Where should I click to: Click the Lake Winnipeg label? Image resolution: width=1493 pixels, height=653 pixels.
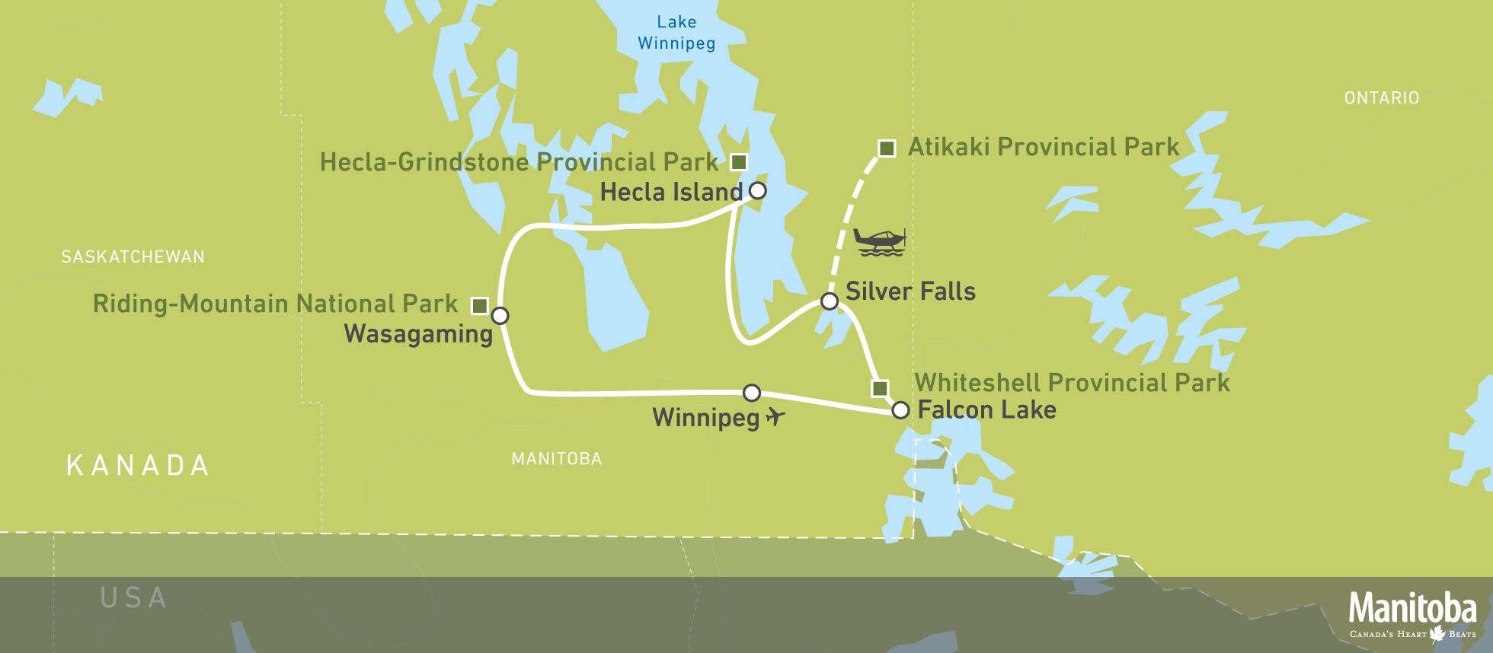(676, 33)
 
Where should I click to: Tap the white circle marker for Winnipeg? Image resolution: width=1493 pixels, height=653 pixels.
(752, 393)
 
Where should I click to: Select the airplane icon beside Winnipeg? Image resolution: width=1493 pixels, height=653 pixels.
(775, 416)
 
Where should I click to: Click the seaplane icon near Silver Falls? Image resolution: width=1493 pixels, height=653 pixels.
(881, 241)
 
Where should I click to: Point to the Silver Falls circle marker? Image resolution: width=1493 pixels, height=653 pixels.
(830, 301)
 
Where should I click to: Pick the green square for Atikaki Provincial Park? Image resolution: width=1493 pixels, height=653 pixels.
(886, 148)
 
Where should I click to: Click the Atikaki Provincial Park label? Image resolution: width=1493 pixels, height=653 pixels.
(1043, 147)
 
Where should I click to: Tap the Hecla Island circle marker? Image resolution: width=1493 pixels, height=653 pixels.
(757, 190)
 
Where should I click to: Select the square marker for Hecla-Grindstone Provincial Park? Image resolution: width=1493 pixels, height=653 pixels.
(738, 161)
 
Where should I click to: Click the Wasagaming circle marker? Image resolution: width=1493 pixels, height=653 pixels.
(500, 316)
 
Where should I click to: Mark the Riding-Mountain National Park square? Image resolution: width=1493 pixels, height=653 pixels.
(479, 305)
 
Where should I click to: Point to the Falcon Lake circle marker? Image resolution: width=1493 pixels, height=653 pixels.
(900, 410)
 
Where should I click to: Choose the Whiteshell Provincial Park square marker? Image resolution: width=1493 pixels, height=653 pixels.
(880, 388)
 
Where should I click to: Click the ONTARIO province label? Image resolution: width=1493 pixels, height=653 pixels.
(1381, 97)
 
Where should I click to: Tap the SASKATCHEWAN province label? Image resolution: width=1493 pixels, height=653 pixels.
(133, 256)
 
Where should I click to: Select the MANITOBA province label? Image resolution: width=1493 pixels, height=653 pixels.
(556, 458)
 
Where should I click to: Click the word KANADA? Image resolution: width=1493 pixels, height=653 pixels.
(138, 465)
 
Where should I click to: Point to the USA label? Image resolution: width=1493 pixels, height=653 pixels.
(133, 597)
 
